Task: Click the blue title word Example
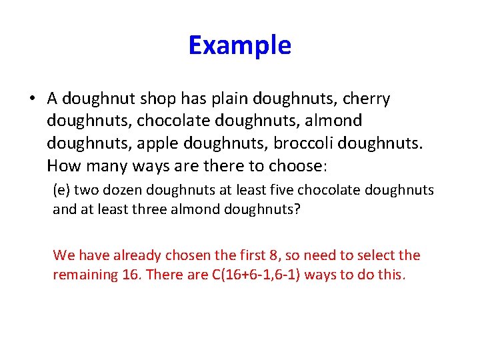240,45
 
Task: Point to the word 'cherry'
366,99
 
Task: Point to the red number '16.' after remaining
127,274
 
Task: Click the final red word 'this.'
391,274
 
